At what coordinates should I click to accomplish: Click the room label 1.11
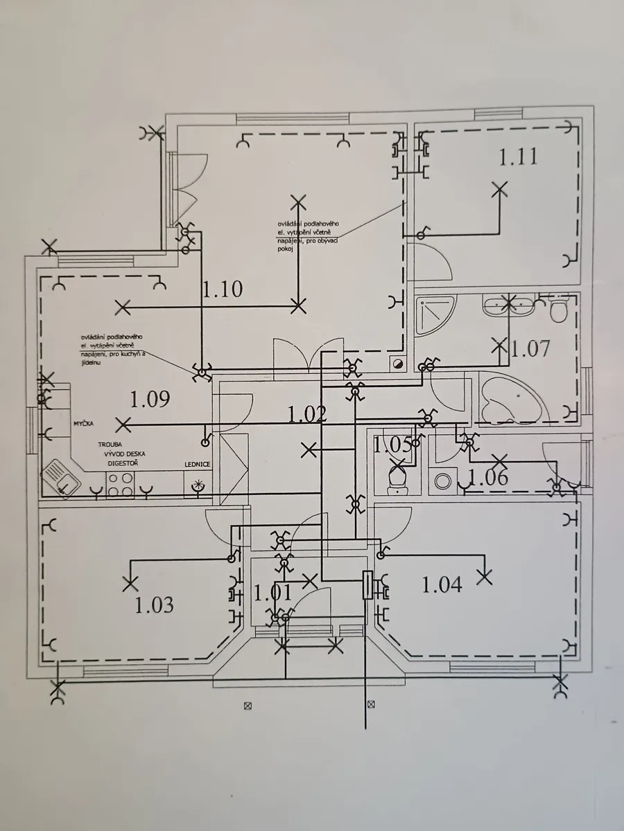coord(518,157)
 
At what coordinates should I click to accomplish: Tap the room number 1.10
coord(223,289)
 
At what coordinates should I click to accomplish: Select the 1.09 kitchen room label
coord(150,399)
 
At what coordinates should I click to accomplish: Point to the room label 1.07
coord(530,348)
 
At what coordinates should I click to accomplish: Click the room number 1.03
coord(154,605)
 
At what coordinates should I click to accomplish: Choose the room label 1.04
coord(442,585)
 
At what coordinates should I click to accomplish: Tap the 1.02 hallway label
coord(307,414)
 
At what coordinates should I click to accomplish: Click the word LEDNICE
coord(197,464)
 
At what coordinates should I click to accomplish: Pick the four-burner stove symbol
coord(120,483)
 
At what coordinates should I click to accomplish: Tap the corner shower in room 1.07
coord(435,315)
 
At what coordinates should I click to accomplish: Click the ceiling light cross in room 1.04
coord(484,573)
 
